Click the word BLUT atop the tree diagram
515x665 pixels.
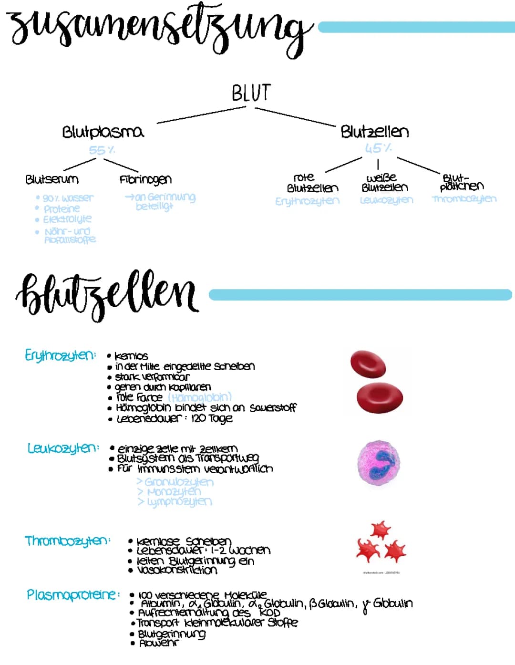click(251, 93)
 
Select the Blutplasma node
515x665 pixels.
click(103, 132)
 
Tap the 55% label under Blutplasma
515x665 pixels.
click(102, 150)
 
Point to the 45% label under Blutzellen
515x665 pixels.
click(378, 148)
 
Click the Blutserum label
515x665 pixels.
click(52, 180)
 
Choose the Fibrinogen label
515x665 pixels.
click(145, 180)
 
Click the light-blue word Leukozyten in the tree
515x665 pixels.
click(386, 200)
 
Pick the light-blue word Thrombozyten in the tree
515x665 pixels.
click(464, 199)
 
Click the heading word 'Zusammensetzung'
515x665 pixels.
click(157, 29)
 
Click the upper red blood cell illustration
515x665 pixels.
click(368, 364)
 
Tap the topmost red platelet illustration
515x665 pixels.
click(381, 530)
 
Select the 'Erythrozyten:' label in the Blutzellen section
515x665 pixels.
click(60, 355)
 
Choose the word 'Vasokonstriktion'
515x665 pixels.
click(177, 570)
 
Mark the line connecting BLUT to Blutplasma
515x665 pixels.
click(201, 115)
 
